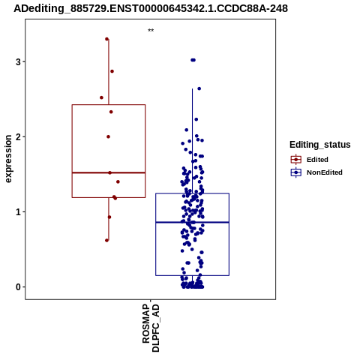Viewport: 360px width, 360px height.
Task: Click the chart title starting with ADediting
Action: (x=151, y=8)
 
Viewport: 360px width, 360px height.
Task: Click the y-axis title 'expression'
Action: (x=8, y=159)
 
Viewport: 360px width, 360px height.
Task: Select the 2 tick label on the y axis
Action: (x=18, y=136)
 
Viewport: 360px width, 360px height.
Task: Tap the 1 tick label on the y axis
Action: (x=18, y=212)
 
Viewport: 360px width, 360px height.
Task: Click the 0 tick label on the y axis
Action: (x=18, y=287)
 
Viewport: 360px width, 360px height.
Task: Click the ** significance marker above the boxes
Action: (x=151, y=31)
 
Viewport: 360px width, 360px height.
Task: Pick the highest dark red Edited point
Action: (x=106, y=39)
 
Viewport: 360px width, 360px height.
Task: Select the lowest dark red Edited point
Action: (x=106, y=240)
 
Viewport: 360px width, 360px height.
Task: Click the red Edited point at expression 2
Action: (x=108, y=136)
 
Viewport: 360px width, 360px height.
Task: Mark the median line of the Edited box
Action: (x=109, y=172)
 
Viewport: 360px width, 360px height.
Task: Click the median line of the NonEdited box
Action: (x=192, y=222)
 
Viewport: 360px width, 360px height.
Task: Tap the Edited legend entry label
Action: (x=317, y=160)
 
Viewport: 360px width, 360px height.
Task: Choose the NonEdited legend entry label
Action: (x=325, y=172)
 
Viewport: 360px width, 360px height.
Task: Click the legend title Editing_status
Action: (x=320, y=145)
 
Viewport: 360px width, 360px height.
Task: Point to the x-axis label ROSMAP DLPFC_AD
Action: (x=151, y=328)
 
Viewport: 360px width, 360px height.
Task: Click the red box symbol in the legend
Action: (x=296, y=159)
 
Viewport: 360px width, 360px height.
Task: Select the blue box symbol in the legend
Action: (x=296, y=172)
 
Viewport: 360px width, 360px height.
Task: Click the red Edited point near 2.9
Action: (x=112, y=71)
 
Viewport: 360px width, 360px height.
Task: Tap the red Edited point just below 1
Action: (x=109, y=217)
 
